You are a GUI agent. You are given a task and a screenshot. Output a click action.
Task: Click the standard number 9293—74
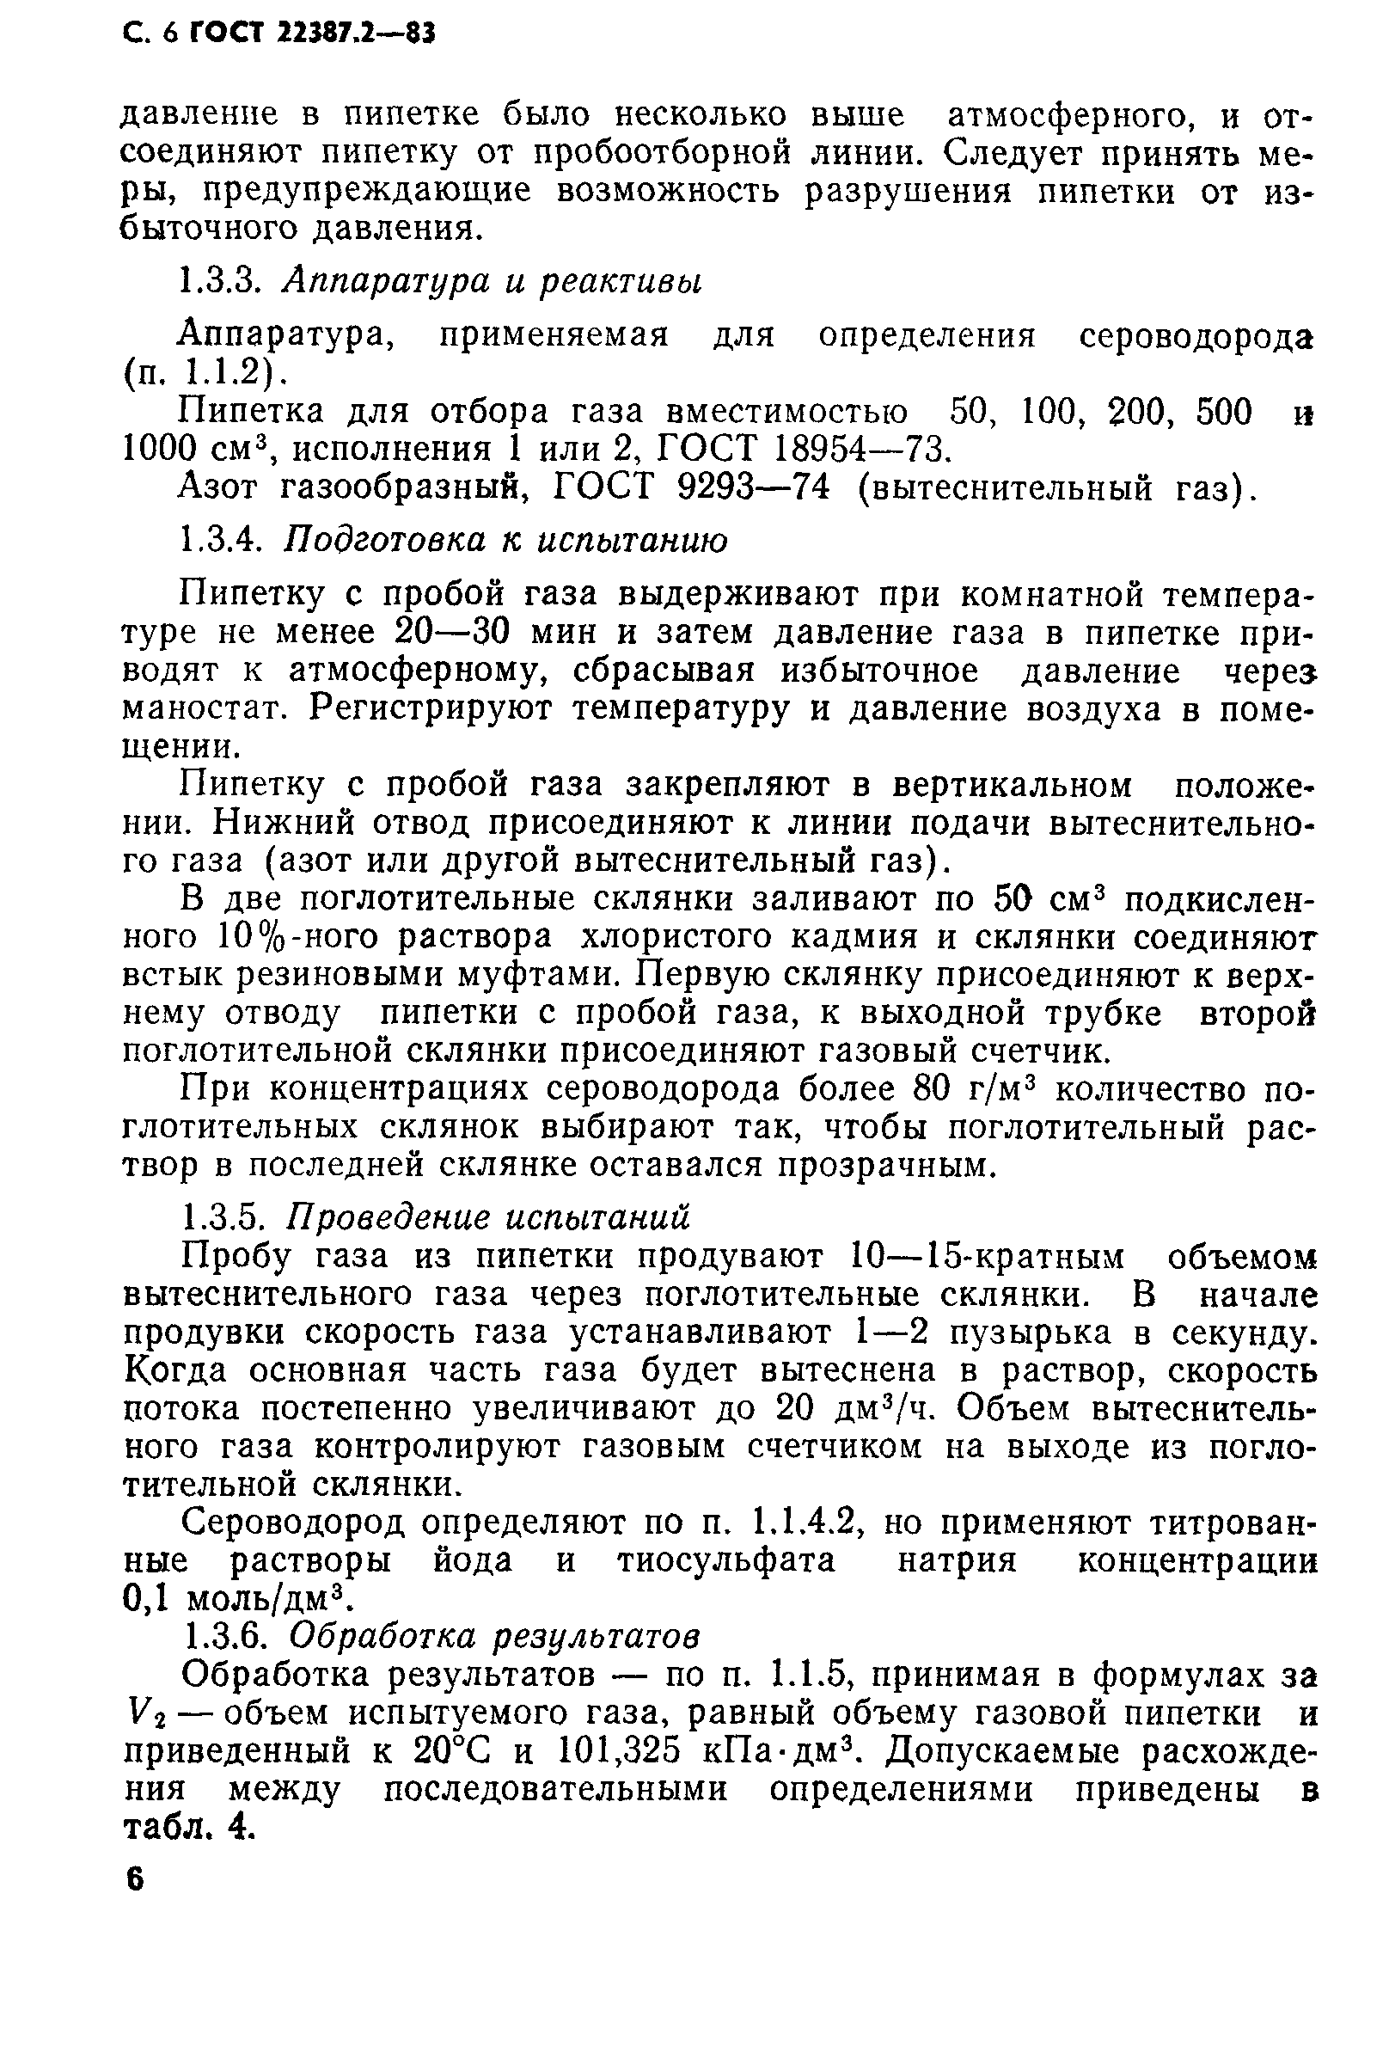752,488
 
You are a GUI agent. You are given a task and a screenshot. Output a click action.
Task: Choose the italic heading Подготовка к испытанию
507,540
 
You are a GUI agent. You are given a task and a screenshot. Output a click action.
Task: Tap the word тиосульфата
726,1560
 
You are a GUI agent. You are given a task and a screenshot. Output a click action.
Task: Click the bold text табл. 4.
187,1829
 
